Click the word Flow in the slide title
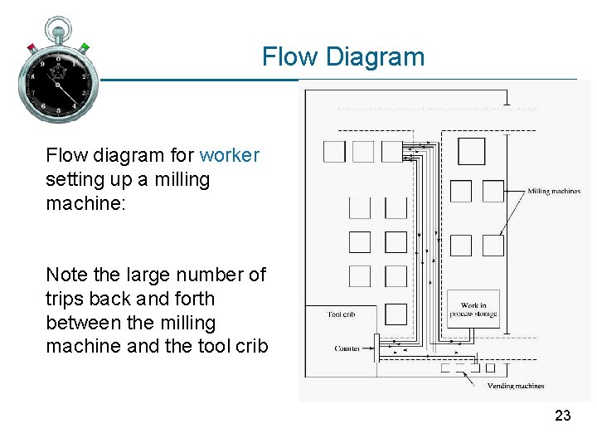[x=290, y=57]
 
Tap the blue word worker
[x=230, y=155]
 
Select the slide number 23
[x=563, y=416]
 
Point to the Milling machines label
[x=554, y=192]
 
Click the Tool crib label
[x=341, y=314]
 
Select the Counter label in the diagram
[x=347, y=348]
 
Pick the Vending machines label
[x=516, y=386]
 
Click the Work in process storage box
[x=473, y=309]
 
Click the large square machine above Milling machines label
[x=472, y=152]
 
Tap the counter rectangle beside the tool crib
[x=376, y=348]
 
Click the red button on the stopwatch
[x=32, y=47]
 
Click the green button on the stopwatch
[x=84, y=47]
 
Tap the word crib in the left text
[x=250, y=346]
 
